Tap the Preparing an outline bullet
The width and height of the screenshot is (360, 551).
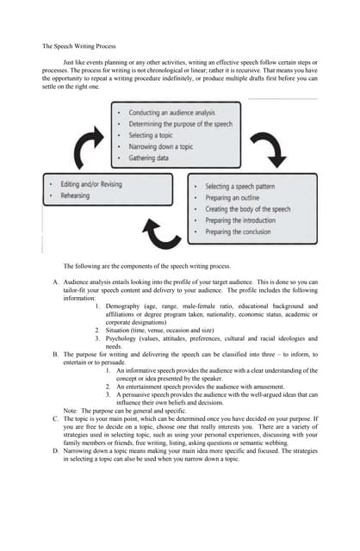point(240,198)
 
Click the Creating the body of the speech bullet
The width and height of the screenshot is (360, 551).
point(253,209)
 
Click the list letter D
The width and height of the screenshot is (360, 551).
point(54,449)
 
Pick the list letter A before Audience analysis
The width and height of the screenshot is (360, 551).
point(54,282)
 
